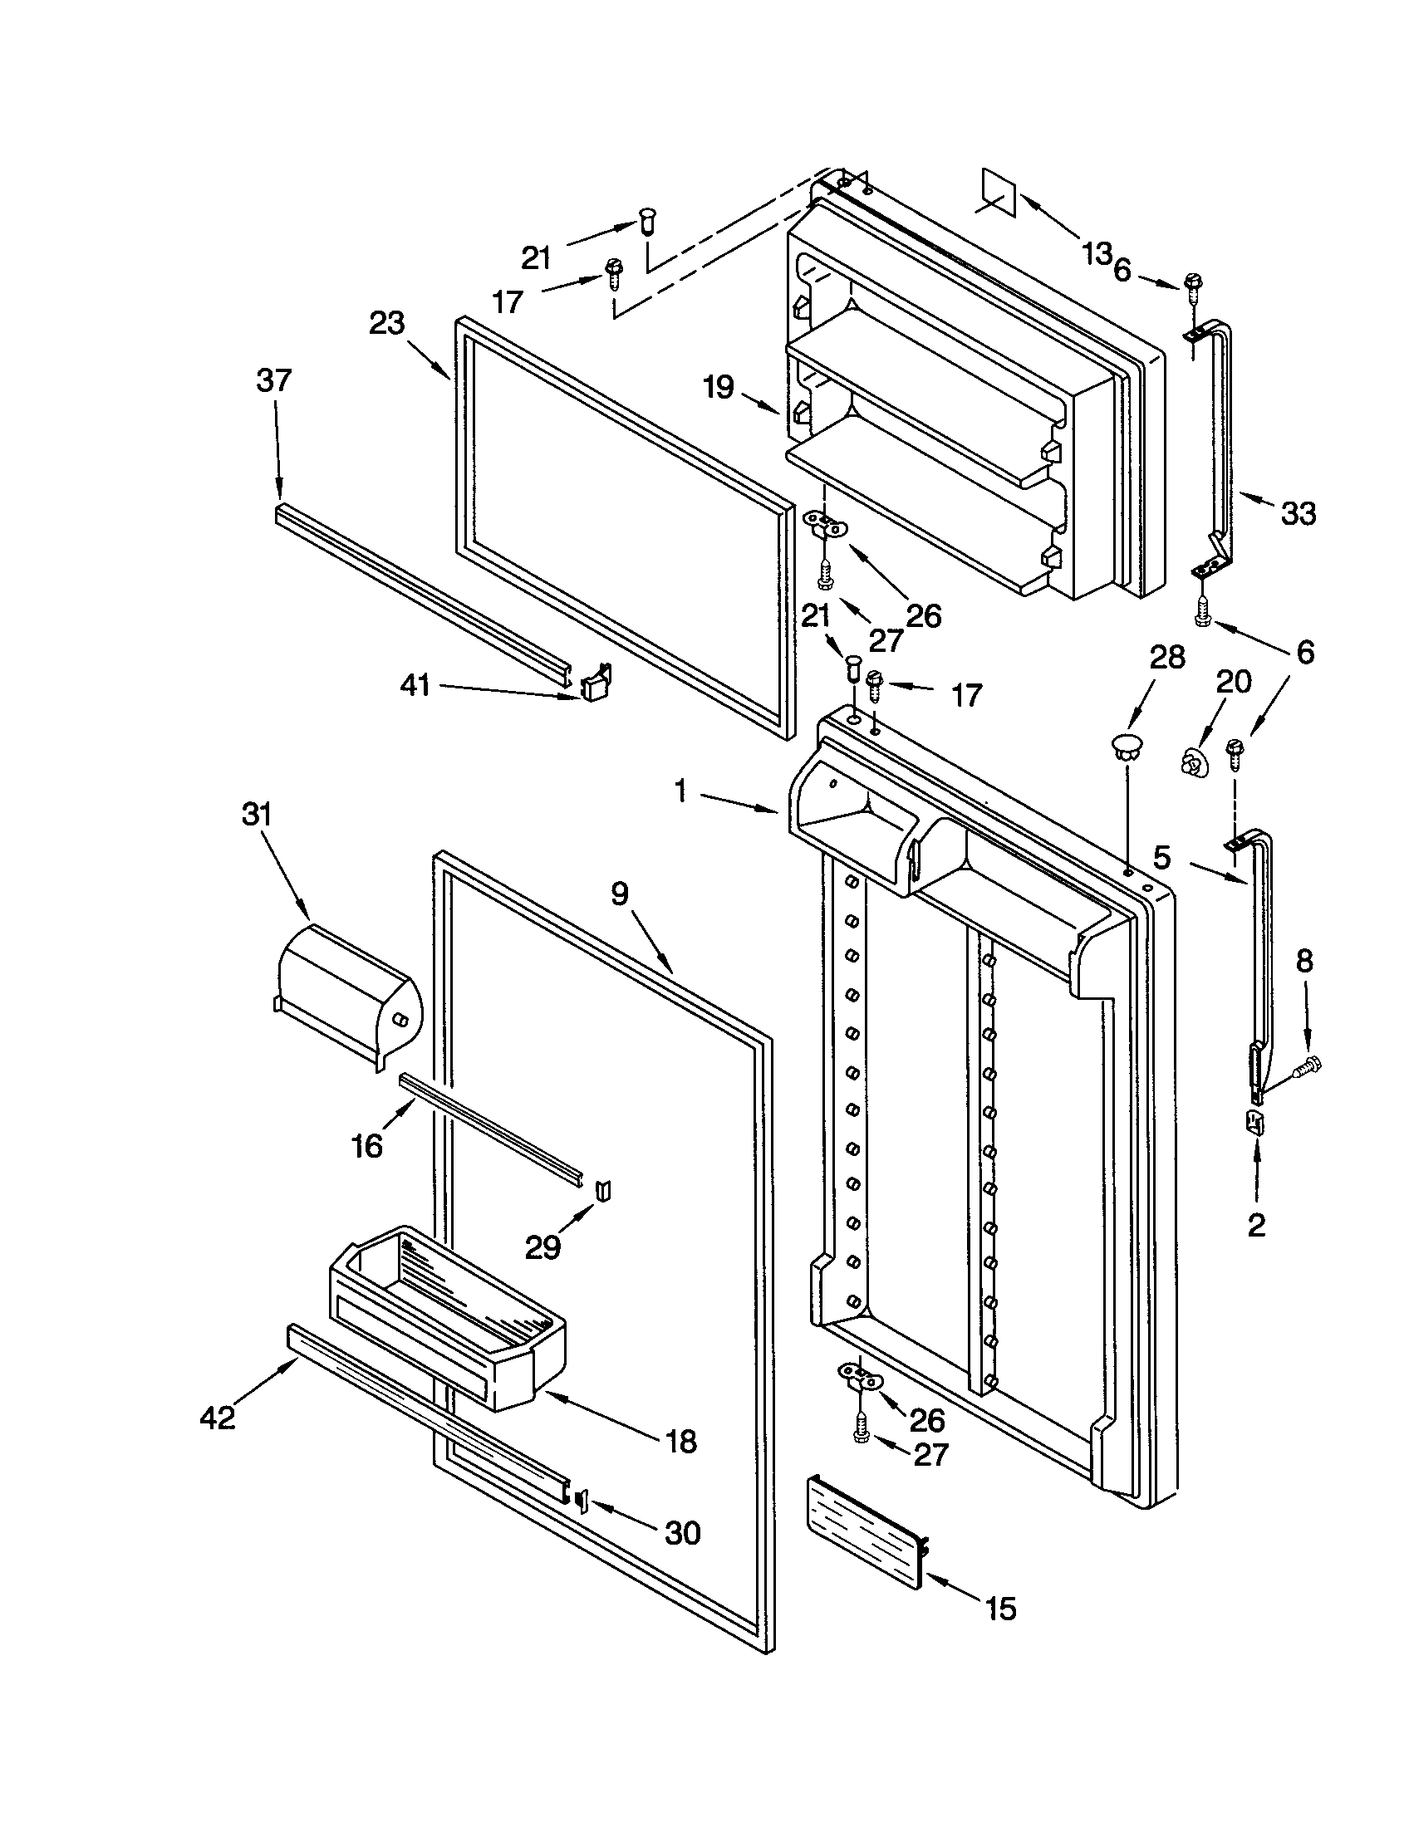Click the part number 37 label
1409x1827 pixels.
273,380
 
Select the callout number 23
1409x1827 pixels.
387,323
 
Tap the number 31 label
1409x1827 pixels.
258,814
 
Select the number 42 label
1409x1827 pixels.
218,1417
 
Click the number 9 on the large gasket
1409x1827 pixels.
618,894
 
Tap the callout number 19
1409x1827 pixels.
719,386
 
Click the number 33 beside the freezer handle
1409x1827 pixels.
1299,512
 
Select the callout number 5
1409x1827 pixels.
1162,858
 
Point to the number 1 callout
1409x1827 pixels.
681,791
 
